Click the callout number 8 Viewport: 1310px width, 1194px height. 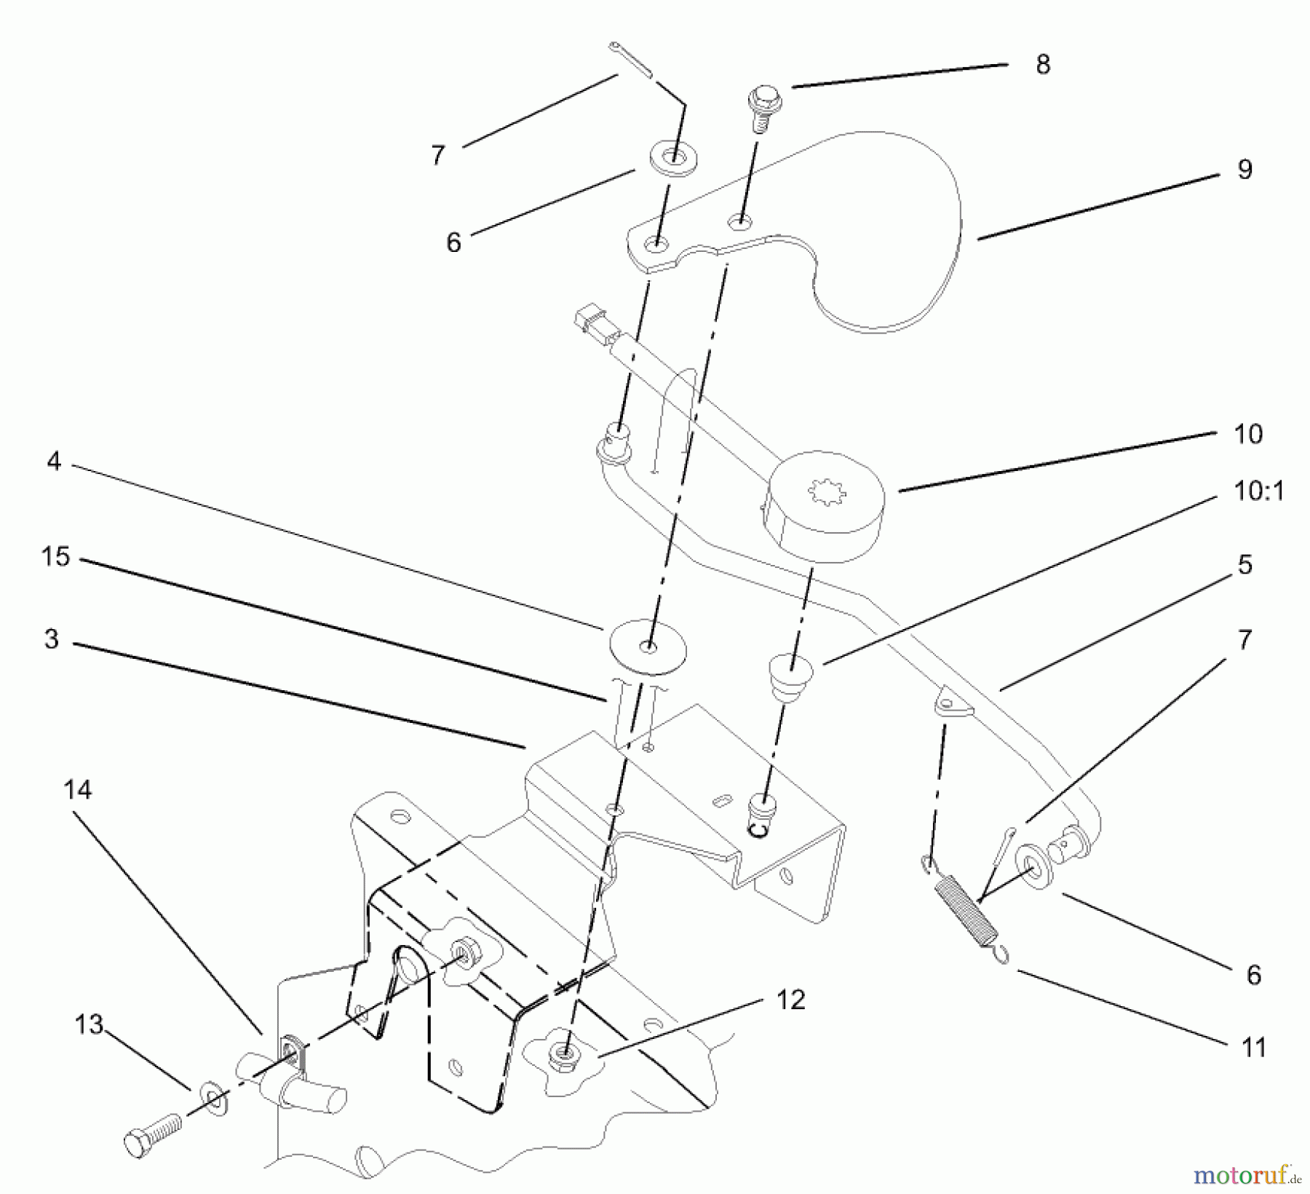point(1042,65)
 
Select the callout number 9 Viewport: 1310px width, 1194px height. point(1244,170)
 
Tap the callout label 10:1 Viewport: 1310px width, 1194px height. point(1258,491)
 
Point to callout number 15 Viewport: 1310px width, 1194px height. point(55,557)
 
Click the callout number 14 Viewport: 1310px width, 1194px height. point(78,789)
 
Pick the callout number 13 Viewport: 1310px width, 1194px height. point(89,1025)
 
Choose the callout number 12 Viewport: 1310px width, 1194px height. point(790,1000)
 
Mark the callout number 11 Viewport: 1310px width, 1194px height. point(1253,1047)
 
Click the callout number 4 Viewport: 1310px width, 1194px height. point(53,461)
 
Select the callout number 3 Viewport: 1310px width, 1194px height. point(51,639)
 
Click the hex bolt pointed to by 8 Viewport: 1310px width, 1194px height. point(759,109)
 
